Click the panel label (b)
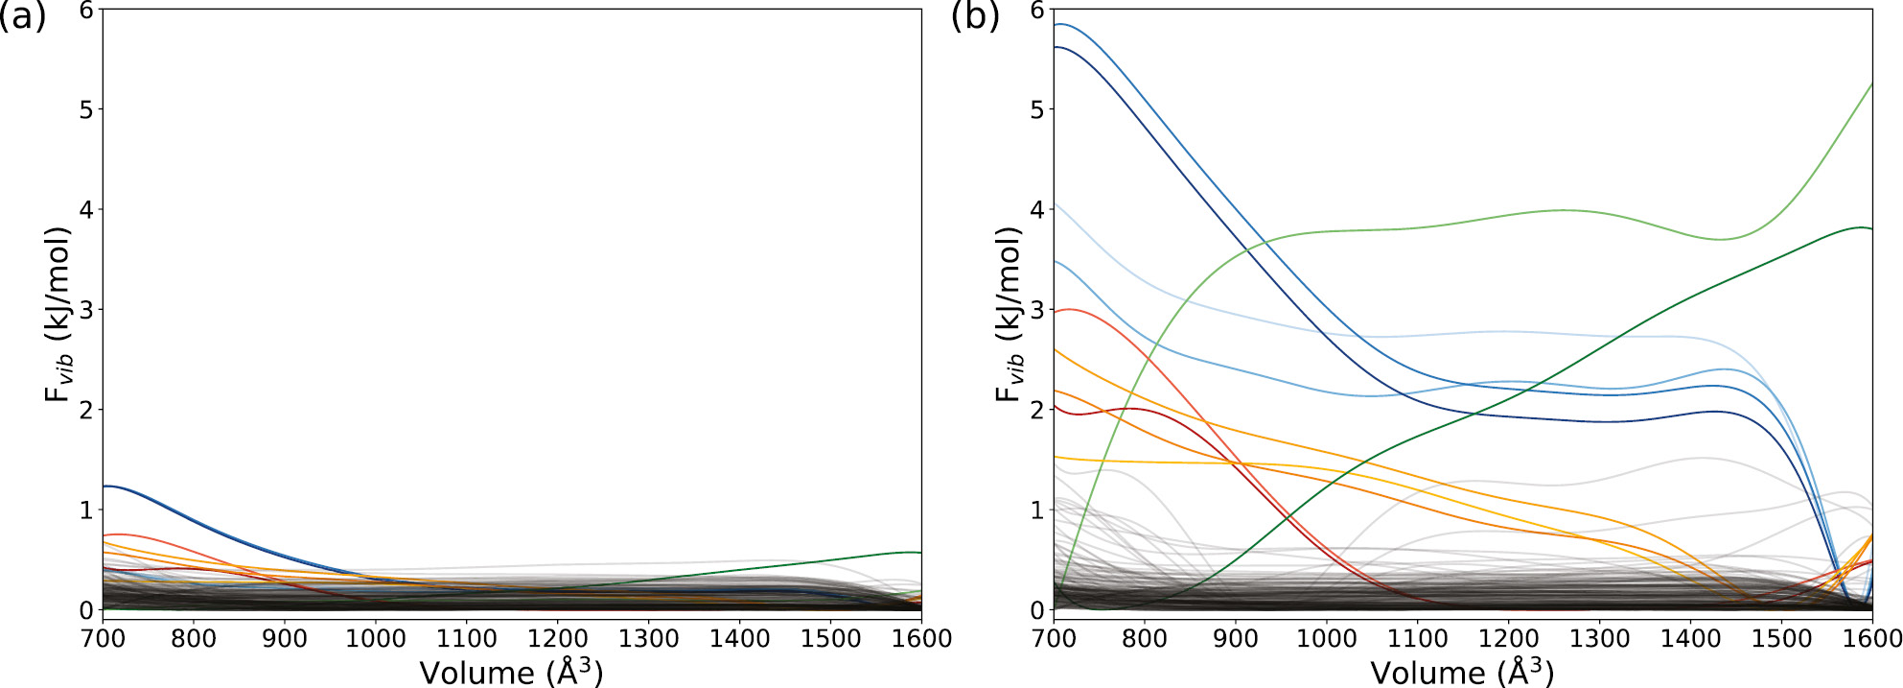point(974,16)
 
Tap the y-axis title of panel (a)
point(58,314)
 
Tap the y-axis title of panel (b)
point(1010,314)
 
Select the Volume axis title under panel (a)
point(511,672)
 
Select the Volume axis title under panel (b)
point(1462,672)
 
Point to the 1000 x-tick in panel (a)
point(375,639)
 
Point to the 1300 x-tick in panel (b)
point(1599,639)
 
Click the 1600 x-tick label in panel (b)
point(1872,639)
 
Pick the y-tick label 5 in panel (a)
point(86,109)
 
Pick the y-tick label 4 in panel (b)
point(1036,209)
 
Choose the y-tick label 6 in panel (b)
point(1036,11)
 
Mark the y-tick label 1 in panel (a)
point(86,510)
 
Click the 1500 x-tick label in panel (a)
point(830,639)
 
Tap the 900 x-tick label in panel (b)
point(1235,639)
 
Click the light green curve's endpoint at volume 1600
point(1871,84)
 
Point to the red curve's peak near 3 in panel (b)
point(1070,309)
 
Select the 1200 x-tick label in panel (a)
point(557,639)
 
